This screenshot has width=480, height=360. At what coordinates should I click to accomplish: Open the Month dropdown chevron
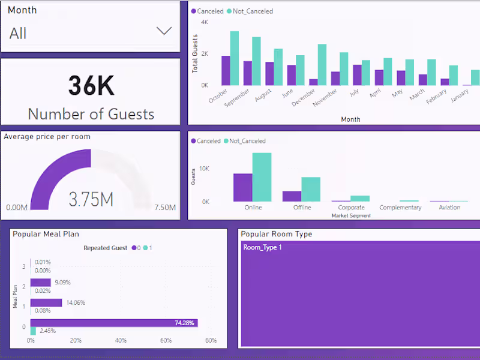click(164, 31)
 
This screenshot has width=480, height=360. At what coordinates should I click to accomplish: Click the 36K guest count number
click(91, 86)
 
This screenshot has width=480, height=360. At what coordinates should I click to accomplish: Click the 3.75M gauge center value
click(91, 199)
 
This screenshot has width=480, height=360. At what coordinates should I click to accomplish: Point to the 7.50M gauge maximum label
click(164, 208)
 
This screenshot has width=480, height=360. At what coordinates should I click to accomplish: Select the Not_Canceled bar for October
click(235, 59)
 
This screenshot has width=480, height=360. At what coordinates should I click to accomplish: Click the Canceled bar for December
click(313, 82)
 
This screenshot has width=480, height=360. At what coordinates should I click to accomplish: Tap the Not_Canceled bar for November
click(344, 69)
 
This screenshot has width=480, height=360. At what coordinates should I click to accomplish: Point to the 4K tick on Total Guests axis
click(204, 22)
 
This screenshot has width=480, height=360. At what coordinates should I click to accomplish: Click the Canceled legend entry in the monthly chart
click(206, 11)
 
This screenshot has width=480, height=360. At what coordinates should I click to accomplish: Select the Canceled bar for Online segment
click(242, 187)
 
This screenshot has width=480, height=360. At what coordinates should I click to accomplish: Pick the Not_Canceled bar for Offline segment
click(311, 189)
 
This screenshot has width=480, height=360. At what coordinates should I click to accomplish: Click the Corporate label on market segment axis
click(351, 208)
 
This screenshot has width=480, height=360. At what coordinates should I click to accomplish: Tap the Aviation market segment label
click(449, 208)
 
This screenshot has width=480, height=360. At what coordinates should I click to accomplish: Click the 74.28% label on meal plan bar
click(185, 323)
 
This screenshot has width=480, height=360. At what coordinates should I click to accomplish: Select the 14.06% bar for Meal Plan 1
click(46, 302)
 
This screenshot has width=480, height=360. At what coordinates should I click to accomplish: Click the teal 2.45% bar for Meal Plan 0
click(33, 331)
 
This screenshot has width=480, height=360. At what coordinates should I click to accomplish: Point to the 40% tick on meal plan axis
click(121, 341)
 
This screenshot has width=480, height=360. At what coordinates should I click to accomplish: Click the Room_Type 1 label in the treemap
click(262, 247)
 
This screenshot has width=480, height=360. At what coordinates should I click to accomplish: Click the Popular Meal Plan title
click(46, 234)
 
